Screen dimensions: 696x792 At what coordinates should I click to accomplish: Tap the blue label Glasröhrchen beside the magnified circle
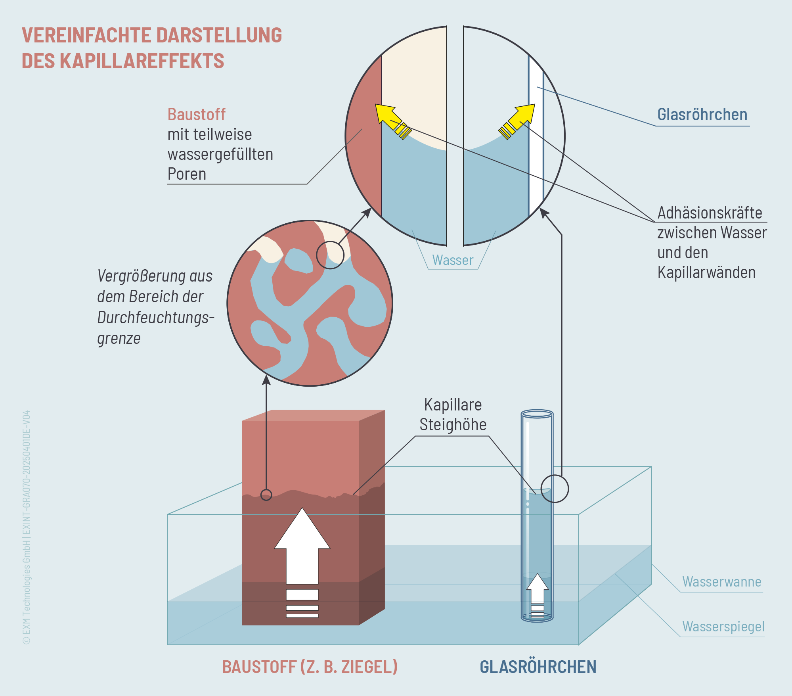click(702, 115)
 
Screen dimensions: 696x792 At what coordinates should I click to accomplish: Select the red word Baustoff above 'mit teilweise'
click(196, 115)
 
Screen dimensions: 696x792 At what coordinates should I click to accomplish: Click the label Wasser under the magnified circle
click(453, 260)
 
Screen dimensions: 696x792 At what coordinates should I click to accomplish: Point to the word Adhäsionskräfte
click(710, 213)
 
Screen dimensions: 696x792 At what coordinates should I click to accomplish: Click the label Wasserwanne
click(721, 582)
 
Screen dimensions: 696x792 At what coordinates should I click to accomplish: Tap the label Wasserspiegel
click(723, 627)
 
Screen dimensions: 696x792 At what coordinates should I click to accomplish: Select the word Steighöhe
click(453, 425)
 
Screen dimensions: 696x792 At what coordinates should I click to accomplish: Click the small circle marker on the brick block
click(266, 495)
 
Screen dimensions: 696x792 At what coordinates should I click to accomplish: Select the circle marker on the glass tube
click(555, 489)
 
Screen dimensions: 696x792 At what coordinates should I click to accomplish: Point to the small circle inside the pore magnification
click(330, 255)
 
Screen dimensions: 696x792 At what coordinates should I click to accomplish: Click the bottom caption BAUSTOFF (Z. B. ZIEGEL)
click(310, 667)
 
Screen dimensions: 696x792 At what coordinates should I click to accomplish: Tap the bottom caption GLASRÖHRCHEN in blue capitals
click(538, 667)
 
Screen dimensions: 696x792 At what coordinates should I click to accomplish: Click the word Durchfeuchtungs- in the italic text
click(155, 318)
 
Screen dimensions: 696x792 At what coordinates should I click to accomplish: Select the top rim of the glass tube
click(537, 414)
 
